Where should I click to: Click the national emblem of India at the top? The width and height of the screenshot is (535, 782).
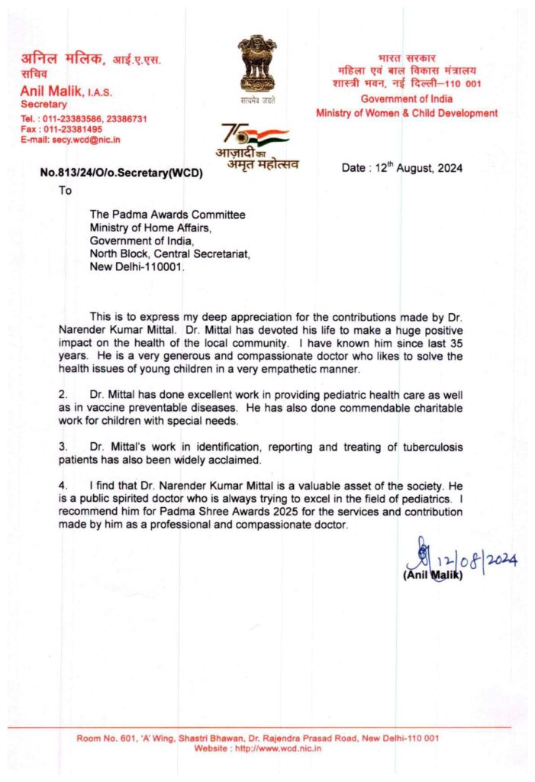click(256, 66)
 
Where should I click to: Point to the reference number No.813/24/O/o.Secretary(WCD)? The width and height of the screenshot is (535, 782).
click(121, 173)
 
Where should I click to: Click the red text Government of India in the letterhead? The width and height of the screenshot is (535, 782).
click(406, 99)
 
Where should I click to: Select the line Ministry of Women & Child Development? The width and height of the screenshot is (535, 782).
click(407, 113)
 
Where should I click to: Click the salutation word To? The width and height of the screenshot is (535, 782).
click(66, 191)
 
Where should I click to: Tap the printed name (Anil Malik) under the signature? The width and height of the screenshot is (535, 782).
click(432, 575)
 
